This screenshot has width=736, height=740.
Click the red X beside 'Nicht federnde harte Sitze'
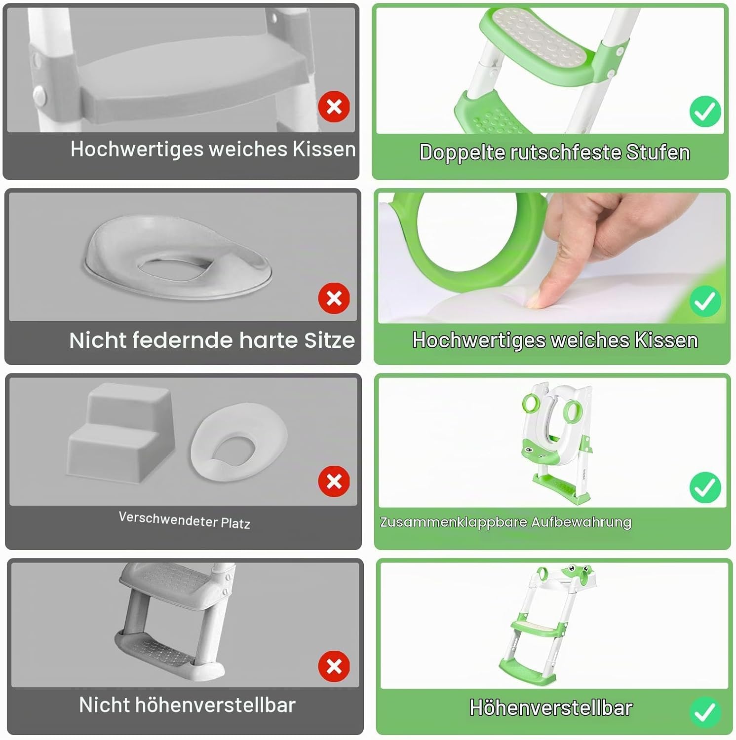pyautogui.click(x=334, y=298)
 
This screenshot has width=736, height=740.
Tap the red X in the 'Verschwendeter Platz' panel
pyautogui.click(x=334, y=481)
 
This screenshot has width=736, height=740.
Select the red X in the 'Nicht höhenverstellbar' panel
pyautogui.click(x=334, y=667)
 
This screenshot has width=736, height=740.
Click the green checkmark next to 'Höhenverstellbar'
pyautogui.click(x=705, y=712)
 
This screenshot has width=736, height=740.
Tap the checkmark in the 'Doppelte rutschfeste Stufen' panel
pyautogui.click(x=705, y=111)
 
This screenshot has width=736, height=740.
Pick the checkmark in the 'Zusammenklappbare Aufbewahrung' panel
pyautogui.click(x=705, y=487)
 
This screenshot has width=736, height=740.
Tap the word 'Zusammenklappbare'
pyautogui.click(x=454, y=522)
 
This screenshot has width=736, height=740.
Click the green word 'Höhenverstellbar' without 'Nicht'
pyautogui.click(x=551, y=708)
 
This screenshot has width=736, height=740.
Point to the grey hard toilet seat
pyautogui.click(x=178, y=257)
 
